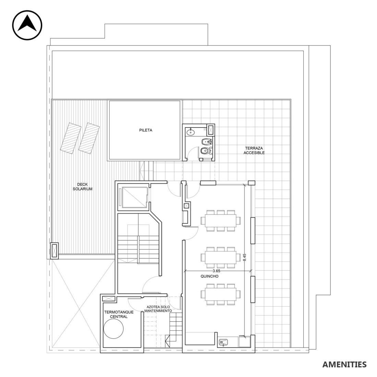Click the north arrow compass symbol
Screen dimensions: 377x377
[27, 25]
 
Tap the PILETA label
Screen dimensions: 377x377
[145, 130]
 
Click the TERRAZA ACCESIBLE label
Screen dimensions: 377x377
[254, 150]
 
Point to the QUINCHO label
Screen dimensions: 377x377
[209, 276]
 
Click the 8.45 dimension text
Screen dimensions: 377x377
[245, 257]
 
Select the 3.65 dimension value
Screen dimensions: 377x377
[216, 270]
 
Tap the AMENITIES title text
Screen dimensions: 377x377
[344, 365]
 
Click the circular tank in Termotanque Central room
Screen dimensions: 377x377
[113, 329]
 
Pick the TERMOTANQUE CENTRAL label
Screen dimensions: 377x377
[119, 314]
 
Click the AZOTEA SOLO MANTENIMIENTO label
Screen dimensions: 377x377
[158, 309]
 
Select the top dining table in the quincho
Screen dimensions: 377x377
[221, 221]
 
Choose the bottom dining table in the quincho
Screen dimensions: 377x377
[221, 294]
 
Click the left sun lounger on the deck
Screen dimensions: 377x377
[71, 138]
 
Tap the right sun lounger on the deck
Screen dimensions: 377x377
[89, 138]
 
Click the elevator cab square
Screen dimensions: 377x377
[134, 197]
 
